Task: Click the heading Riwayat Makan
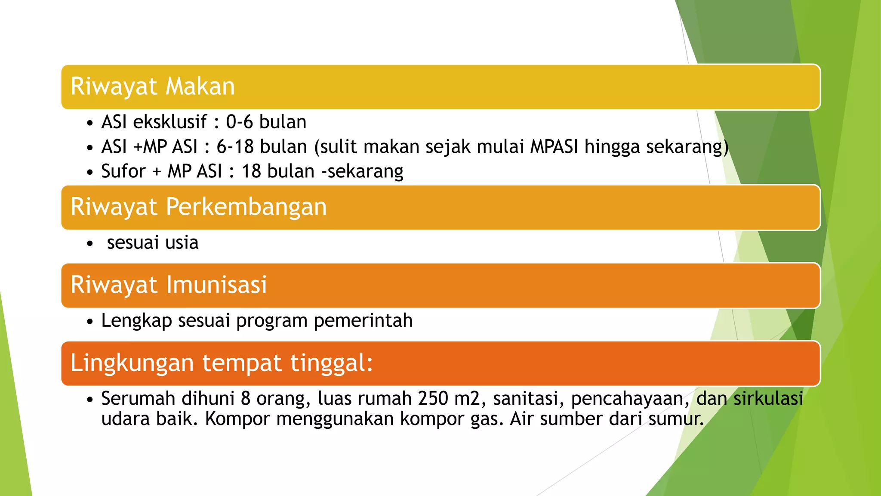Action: pyautogui.click(x=153, y=87)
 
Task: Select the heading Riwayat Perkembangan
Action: pyautogui.click(x=198, y=207)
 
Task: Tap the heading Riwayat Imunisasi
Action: pyautogui.click(x=169, y=285)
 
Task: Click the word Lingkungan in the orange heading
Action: pyautogui.click(x=132, y=363)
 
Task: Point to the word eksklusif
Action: pyautogui.click(x=170, y=122)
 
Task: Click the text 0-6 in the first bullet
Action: pyautogui.click(x=239, y=122)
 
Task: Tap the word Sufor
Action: pyautogui.click(x=123, y=171)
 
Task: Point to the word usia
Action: pyautogui.click(x=182, y=243)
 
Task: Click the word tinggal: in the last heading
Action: pyautogui.click(x=331, y=363)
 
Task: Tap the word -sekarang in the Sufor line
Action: pyautogui.click(x=363, y=171)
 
